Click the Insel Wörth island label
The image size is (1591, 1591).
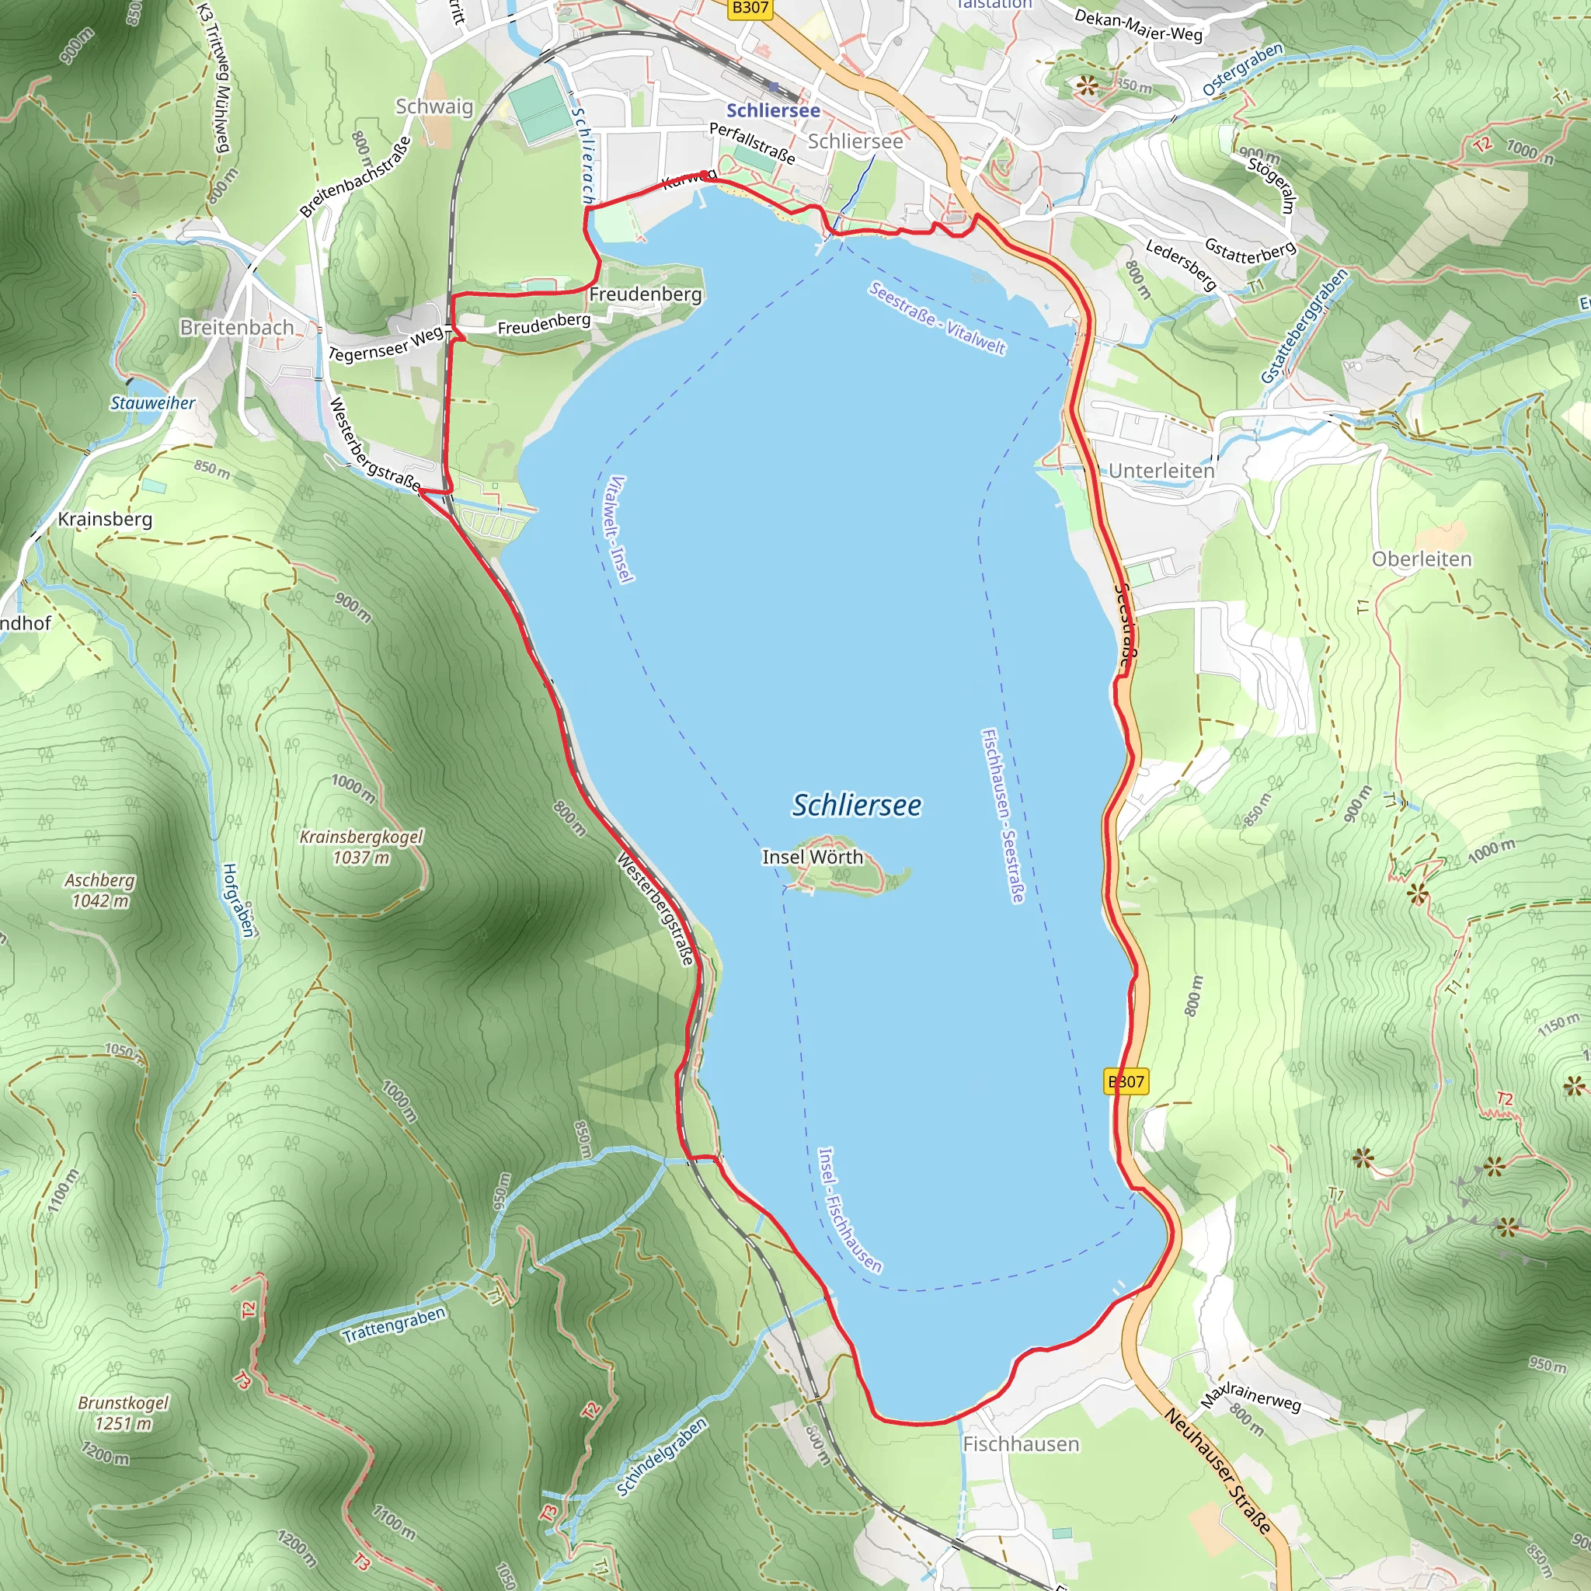point(812,858)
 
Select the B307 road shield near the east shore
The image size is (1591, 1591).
point(1125,1081)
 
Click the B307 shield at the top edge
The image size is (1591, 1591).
point(750,9)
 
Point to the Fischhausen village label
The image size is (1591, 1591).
point(1020,1443)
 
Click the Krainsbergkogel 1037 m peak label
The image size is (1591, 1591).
point(360,847)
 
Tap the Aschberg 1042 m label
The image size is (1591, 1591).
point(99,890)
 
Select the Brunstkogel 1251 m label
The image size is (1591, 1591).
point(124,1412)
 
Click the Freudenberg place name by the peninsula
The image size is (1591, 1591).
point(645,294)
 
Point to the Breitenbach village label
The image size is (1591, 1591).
point(236,328)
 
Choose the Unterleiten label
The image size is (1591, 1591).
point(1161,471)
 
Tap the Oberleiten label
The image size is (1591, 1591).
point(1422,559)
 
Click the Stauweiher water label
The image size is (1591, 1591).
point(153,402)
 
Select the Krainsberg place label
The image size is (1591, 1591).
point(105,520)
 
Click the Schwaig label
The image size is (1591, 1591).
point(434,106)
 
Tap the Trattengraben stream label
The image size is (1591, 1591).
point(394,1325)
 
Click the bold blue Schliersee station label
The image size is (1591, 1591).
point(772,110)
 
